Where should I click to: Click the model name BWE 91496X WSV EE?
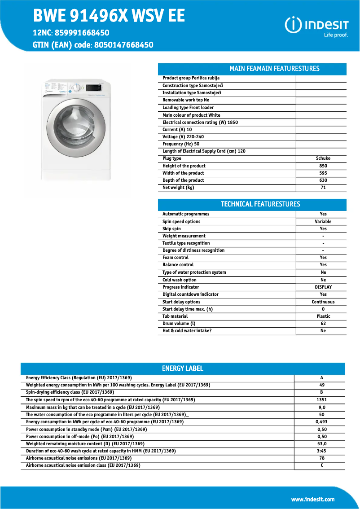[x=109, y=16]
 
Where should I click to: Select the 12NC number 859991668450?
[x=82, y=33]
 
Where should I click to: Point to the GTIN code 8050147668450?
[x=123, y=45]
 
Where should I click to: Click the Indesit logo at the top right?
[x=316, y=26]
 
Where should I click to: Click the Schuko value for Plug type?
[x=323, y=158]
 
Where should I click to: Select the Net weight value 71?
[x=323, y=188]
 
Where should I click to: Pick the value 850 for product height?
[x=323, y=166]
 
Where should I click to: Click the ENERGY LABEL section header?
[x=182, y=369]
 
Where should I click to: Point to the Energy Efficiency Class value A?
[x=321, y=378]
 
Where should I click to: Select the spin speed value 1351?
[x=321, y=399]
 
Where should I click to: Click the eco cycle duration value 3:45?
[x=321, y=451]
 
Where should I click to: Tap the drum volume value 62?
[x=323, y=324]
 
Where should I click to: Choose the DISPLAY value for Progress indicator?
[x=323, y=287]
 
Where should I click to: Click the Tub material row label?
[x=175, y=316]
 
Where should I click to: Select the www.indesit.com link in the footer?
[x=312, y=499]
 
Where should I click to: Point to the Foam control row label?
[x=176, y=258]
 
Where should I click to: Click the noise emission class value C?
[x=321, y=465]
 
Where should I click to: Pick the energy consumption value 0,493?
[x=321, y=422]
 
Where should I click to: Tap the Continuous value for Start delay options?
[x=323, y=302]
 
